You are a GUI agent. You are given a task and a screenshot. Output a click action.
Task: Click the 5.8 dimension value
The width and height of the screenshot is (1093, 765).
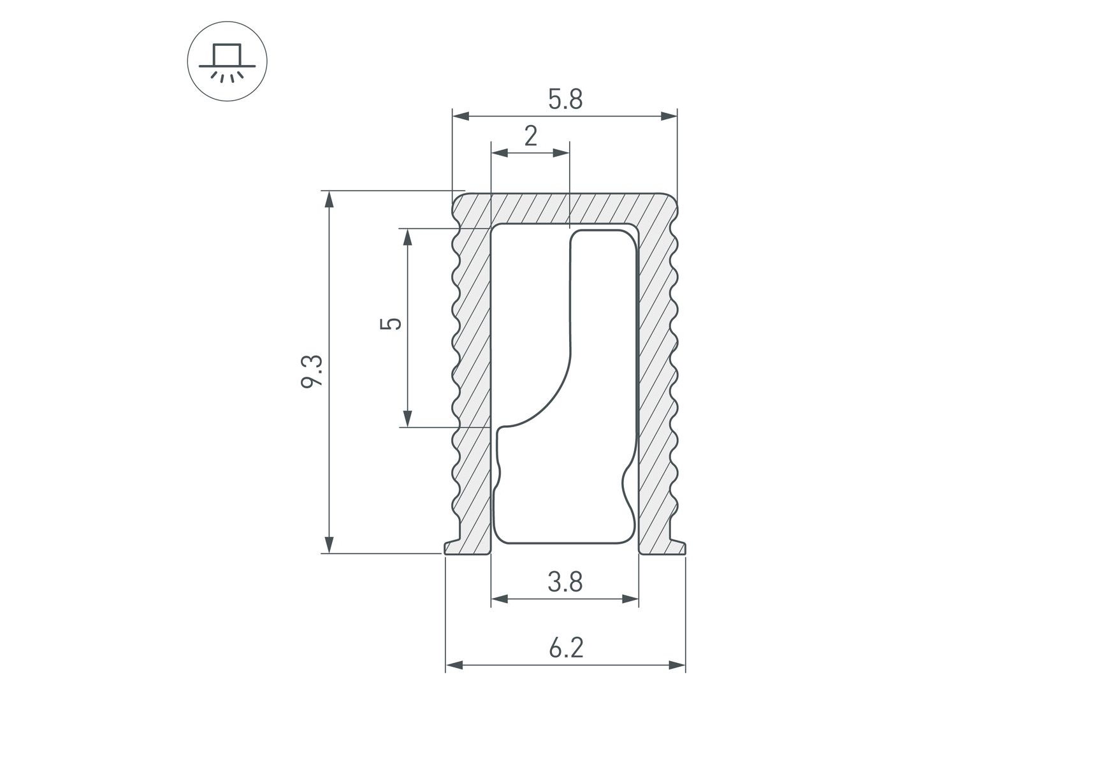pos(565,99)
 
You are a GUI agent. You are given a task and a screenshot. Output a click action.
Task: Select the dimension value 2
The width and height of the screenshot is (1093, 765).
pos(531,136)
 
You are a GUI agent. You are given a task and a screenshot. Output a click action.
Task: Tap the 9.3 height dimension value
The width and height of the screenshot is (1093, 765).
pos(313,372)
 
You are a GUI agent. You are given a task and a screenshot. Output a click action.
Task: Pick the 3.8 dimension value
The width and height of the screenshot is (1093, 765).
pos(565,582)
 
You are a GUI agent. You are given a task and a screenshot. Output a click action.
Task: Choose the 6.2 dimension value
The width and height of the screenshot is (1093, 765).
pos(565,648)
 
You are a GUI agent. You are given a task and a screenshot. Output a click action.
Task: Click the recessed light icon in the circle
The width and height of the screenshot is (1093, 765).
pos(227,62)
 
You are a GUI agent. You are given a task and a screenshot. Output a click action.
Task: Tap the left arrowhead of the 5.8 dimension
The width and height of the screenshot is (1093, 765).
pos(461,116)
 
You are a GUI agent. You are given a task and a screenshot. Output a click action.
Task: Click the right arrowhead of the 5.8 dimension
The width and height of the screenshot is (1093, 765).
pos(669,116)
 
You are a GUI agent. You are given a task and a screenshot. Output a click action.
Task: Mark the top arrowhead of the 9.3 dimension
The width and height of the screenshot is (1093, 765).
pos(329,199)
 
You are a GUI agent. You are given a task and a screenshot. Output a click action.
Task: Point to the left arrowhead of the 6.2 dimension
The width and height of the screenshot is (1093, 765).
pos(454,665)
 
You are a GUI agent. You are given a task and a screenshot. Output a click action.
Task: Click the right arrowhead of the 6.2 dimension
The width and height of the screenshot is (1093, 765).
pos(677,665)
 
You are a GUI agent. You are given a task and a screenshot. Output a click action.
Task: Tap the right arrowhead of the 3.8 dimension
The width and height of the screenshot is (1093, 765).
pos(630,599)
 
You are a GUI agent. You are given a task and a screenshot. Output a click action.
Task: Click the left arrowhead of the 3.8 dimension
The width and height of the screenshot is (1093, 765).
pos(500,599)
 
